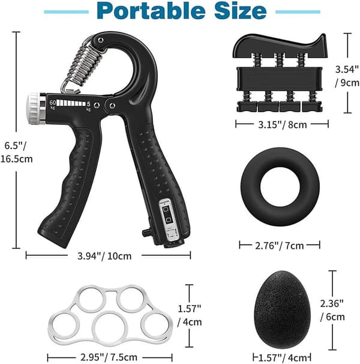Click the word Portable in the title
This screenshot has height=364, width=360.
(x=151, y=11)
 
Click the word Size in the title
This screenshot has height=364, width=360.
(x=241, y=11)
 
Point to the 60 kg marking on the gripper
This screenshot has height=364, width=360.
(x=53, y=105)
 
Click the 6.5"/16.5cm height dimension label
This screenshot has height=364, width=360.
(x=16, y=153)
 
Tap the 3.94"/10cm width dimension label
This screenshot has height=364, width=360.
(x=104, y=256)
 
